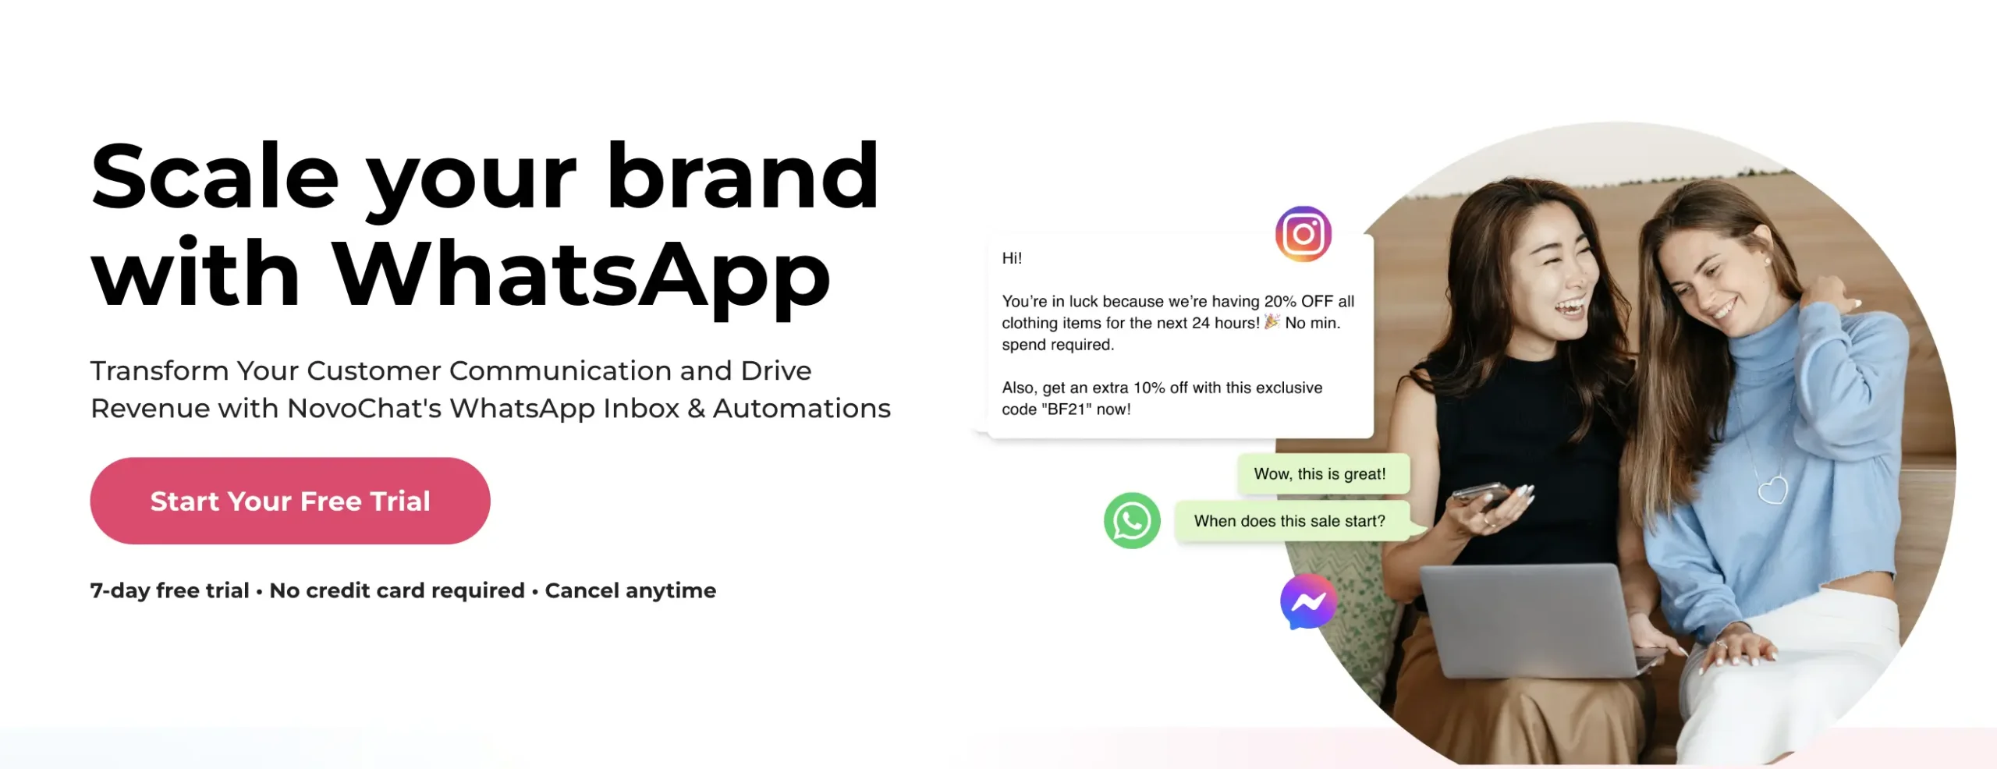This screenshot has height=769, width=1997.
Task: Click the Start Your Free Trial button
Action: [x=290, y=501]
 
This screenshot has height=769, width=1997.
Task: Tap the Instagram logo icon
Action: [x=1304, y=234]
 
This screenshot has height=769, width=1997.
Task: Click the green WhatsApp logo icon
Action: [x=1132, y=520]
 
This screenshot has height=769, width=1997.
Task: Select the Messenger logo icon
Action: [x=1308, y=601]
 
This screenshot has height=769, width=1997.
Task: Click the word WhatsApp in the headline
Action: [x=582, y=275]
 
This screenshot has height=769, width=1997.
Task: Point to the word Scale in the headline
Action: [x=215, y=176]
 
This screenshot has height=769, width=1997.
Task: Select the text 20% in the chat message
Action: [x=1280, y=301]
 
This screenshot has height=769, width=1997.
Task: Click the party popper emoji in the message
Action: [x=1272, y=321]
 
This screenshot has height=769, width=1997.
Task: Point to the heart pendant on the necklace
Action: [x=1772, y=490]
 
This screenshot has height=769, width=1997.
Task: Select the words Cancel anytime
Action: [x=630, y=590]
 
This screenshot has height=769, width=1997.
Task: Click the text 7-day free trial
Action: [x=170, y=590]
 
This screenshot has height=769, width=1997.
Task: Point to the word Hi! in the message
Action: [x=1012, y=258]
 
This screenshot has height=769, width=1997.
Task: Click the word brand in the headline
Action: [x=743, y=176]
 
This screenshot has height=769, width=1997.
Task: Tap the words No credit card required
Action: [x=397, y=590]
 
